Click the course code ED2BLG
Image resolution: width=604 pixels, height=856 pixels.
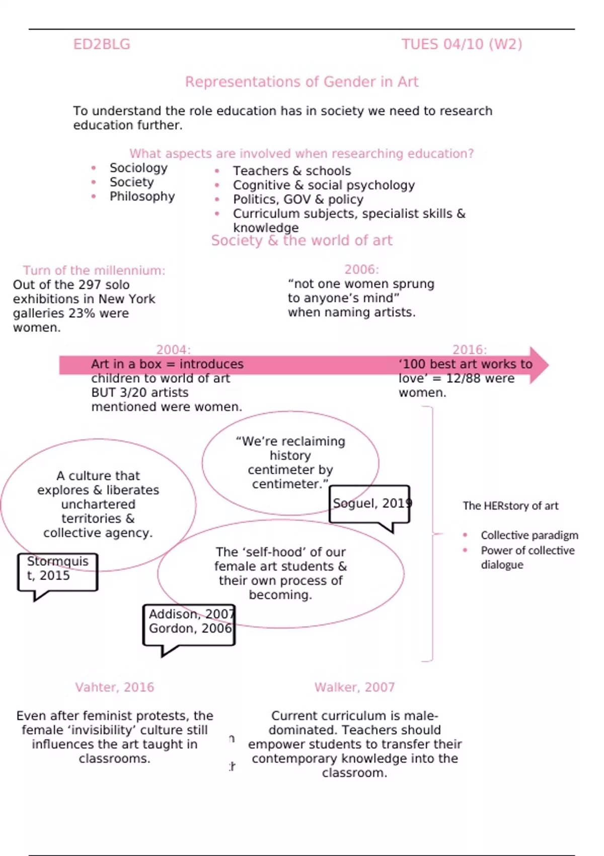click(x=102, y=44)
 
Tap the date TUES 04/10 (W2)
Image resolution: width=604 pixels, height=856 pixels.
click(x=462, y=44)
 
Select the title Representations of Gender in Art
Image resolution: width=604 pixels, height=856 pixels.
click(x=301, y=82)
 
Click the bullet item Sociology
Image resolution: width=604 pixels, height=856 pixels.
click(x=138, y=168)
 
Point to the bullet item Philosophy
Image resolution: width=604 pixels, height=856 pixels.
click(x=142, y=196)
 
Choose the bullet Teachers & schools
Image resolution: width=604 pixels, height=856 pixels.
click(x=291, y=171)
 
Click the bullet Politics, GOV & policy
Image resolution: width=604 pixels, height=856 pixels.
click(x=297, y=199)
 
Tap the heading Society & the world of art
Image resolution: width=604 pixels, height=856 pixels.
click(x=301, y=240)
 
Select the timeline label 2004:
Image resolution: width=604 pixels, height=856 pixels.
click(x=173, y=349)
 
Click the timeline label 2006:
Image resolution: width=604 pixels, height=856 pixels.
click(x=361, y=269)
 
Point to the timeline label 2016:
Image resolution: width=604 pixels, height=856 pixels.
click(x=469, y=349)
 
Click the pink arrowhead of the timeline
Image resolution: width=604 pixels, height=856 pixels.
click(x=539, y=365)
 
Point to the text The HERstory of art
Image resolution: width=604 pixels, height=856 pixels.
click(x=510, y=506)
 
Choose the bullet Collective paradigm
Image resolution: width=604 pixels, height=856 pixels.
click(x=529, y=535)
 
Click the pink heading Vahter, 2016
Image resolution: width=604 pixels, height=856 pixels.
click(x=114, y=687)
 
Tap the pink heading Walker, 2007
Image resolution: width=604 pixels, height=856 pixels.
click(x=354, y=687)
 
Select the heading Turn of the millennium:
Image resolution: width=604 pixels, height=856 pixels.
click(x=94, y=270)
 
